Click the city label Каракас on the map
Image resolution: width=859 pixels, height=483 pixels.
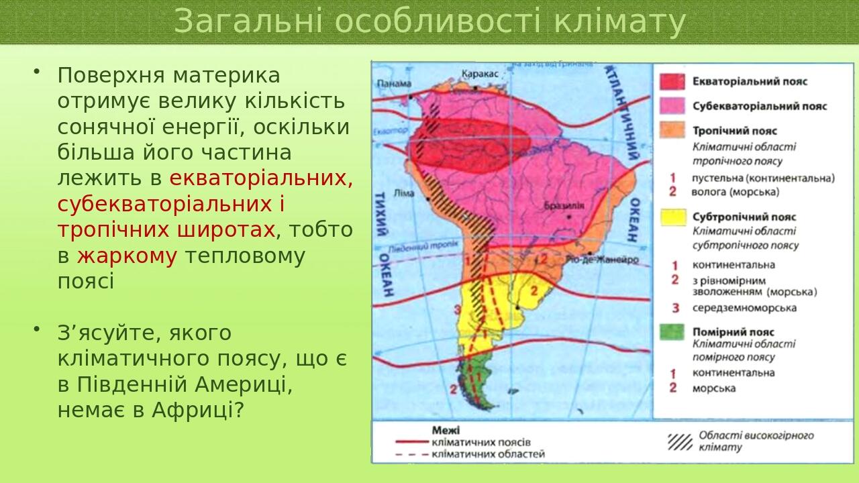coord(480,74)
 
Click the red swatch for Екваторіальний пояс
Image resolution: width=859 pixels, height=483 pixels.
coord(672,81)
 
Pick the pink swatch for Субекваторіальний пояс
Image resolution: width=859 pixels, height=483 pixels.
coord(672,106)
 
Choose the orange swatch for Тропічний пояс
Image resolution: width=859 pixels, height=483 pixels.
coord(672,131)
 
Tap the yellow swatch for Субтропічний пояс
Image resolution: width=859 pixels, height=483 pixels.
coord(672,217)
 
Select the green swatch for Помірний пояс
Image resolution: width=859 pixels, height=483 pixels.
coord(672,331)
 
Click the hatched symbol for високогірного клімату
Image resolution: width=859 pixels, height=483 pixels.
coord(680,441)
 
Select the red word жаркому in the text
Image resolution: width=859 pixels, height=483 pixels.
coord(127,256)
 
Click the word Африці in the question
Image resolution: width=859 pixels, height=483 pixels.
coord(197,409)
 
